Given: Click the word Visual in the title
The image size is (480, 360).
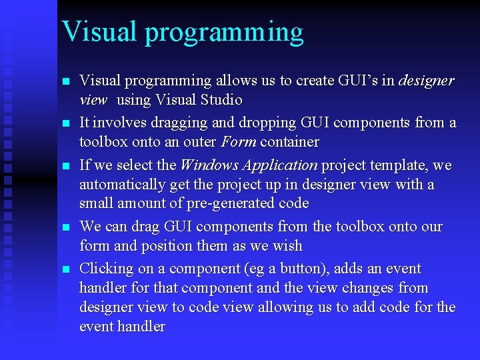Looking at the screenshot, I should coord(99,31).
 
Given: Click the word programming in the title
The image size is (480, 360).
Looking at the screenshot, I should coord(224,33).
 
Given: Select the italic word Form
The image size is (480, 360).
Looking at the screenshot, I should coord(239,143).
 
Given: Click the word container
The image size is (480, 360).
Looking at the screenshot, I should coord(289,143).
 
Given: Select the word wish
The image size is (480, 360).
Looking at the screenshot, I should coord(287,247).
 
